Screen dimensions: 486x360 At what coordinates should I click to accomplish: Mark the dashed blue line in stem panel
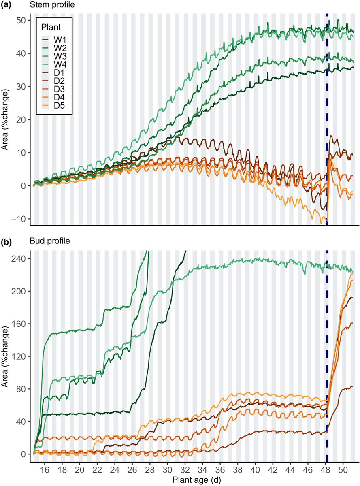tap(327, 122)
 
